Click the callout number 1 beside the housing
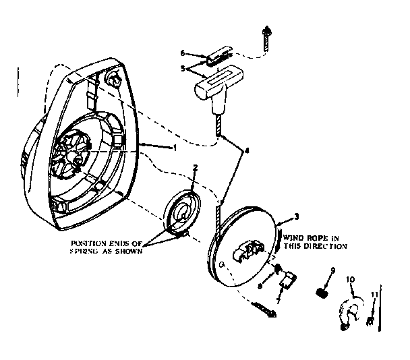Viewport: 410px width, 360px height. coord(175,148)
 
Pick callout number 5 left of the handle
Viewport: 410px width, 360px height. coord(182,68)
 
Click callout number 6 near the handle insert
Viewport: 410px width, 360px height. coord(182,52)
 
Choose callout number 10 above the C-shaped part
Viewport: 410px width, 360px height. coord(349,278)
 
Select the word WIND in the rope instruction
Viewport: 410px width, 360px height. coord(295,238)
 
